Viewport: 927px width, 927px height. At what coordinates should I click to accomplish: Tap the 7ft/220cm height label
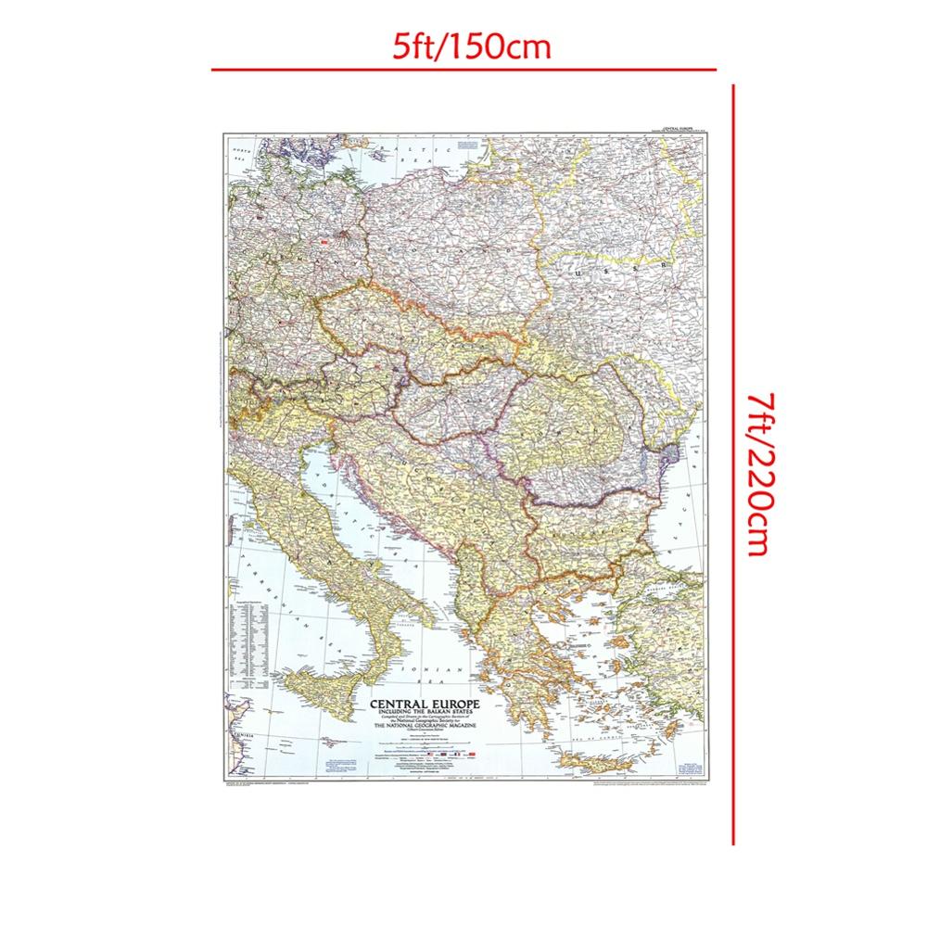click(756, 473)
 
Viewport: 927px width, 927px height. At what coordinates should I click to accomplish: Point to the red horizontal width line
click(463, 70)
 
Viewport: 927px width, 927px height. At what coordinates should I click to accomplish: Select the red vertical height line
click(733, 463)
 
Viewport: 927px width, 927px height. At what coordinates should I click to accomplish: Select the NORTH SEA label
click(242, 153)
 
